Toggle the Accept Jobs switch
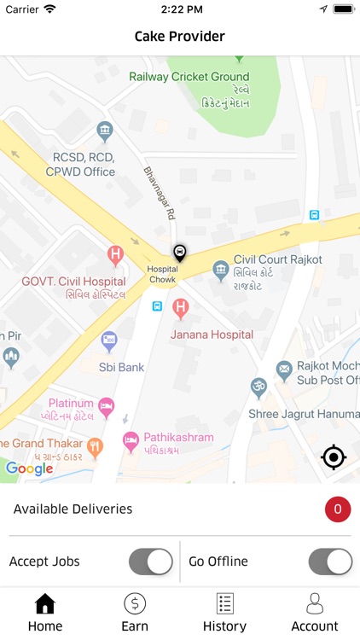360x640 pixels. [x=151, y=561]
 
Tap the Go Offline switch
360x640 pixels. [x=330, y=561]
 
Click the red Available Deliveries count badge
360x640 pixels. [x=338, y=509]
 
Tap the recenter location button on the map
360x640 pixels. [x=334, y=457]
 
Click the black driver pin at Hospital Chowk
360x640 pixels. [x=180, y=253]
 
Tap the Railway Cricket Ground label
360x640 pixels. [x=189, y=77]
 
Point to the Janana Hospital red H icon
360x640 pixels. [x=180, y=307]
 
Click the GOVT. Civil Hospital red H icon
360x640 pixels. [x=115, y=254]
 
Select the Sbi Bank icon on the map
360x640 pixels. [x=109, y=341]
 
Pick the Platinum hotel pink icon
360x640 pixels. [x=106, y=407]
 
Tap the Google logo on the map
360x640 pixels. [x=30, y=468]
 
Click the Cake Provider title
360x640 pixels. [x=180, y=37]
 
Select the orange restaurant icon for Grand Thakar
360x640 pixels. [x=96, y=445]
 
